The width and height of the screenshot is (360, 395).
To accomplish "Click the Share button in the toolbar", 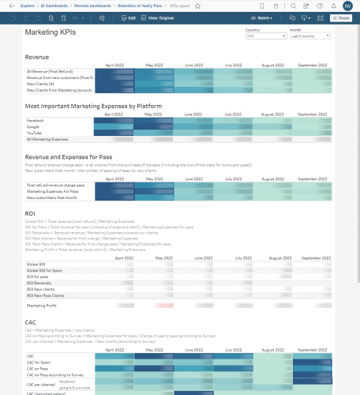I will (342, 17).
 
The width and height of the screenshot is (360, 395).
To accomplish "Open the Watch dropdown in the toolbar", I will (287, 17).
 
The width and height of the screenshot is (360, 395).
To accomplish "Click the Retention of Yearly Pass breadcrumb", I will (139, 5).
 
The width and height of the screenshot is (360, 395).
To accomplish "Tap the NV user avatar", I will (347, 5).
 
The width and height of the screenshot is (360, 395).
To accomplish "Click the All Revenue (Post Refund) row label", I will (48, 72).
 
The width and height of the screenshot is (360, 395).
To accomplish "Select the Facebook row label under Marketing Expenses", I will (35, 120).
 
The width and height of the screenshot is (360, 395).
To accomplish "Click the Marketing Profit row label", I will (43, 305).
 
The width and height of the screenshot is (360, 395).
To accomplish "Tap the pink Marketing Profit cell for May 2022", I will (164, 305).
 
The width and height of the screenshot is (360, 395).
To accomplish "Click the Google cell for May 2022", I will (164, 126).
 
